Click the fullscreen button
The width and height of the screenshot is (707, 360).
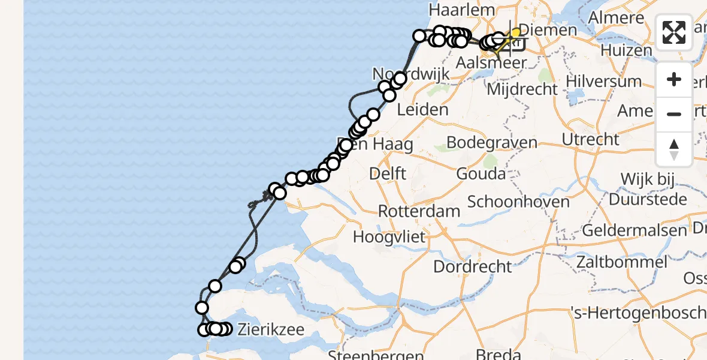674,32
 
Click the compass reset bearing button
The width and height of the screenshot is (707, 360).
674,149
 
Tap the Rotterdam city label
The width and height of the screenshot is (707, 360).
419,211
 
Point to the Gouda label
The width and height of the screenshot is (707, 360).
481,174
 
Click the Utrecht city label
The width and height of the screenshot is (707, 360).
591,140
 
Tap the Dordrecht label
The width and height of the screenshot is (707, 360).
473,266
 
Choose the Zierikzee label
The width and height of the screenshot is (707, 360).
271,329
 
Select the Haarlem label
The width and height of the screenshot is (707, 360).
462,10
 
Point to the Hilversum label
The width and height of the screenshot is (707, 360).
603,81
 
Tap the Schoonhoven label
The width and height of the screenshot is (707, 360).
518,202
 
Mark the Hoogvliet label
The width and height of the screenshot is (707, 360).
389,236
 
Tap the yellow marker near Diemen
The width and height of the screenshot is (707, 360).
515,32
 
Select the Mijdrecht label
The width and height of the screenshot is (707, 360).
522,90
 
